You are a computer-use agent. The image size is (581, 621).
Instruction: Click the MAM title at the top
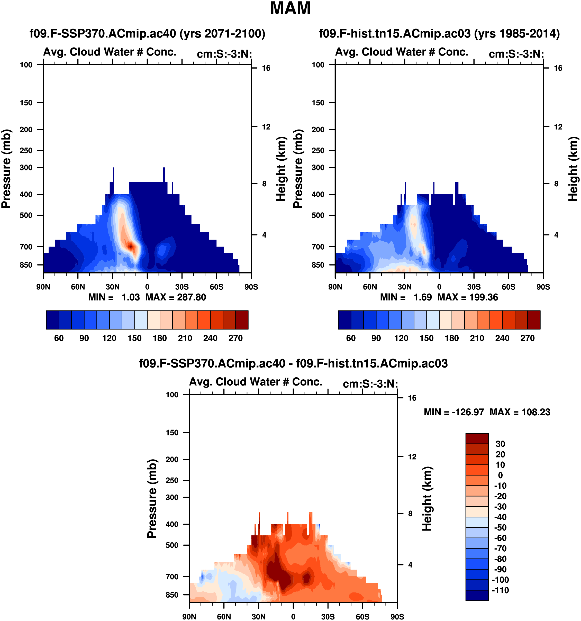[290, 8]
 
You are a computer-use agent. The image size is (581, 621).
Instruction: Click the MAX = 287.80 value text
[176, 297]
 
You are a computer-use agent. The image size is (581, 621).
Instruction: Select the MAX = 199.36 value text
[468, 297]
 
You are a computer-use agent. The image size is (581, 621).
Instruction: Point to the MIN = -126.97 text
[453, 412]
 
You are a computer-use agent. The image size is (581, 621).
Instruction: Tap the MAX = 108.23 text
[520, 412]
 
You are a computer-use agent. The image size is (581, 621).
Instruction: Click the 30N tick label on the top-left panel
[112, 287]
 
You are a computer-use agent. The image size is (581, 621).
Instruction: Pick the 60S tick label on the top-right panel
[509, 287]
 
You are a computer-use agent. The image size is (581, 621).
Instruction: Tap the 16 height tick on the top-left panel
[266, 68]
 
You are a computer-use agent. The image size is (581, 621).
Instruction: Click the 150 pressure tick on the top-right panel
[318, 103]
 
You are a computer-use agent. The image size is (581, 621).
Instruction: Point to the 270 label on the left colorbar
[235, 338]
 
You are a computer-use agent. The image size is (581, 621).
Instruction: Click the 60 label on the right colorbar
[351, 338]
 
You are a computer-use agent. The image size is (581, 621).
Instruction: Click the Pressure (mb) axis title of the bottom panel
[152, 499]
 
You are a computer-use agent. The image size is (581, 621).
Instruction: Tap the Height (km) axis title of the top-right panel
[573, 169]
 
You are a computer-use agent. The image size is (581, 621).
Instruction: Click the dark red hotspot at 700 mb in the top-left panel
[131, 247]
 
